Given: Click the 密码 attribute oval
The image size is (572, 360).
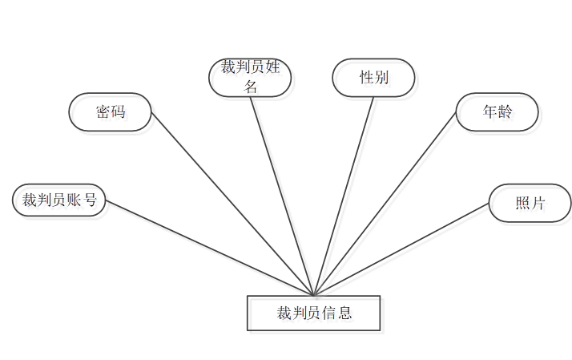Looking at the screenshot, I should (110, 112).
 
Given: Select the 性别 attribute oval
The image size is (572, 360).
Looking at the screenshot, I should (373, 78).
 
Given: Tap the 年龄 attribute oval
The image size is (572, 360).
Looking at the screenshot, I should (497, 112).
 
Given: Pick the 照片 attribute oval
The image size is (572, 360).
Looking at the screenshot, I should (530, 204).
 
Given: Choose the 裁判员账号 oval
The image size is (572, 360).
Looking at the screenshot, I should (59, 200).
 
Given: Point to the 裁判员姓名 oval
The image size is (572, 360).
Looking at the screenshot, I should (250, 78).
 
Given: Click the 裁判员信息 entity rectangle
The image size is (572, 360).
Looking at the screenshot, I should (313, 313).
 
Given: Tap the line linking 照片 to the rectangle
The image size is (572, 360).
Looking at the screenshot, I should (401, 249).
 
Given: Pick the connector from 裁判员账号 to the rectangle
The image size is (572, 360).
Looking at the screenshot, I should (208, 247).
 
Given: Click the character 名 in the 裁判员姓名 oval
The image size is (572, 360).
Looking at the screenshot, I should (251, 87).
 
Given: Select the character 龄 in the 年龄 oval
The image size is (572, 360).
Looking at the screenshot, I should (505, 112).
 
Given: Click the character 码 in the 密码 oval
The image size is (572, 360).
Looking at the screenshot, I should (119, 112).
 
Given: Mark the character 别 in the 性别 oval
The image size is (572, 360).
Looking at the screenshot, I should (381, 78).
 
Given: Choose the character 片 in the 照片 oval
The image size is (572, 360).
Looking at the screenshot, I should (538, 204).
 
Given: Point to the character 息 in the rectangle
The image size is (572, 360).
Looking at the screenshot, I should (345, 313).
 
